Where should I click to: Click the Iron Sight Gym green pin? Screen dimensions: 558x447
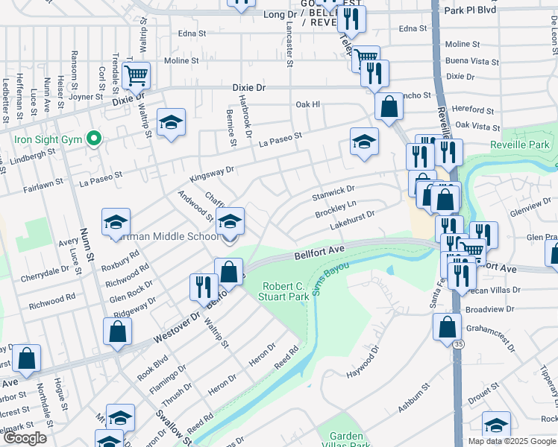pos(93,139)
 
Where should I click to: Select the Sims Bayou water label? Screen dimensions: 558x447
pos(331,277)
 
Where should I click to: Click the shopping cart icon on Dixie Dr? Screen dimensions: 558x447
pos(137,75)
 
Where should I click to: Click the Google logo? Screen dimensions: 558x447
pos(25,438)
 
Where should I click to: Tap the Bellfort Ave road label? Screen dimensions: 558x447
pos(318,253)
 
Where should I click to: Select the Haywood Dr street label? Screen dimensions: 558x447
pos(366,359)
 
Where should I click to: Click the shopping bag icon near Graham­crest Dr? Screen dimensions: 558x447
pos(446,326)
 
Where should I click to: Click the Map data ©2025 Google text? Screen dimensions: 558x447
pos(512,441)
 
